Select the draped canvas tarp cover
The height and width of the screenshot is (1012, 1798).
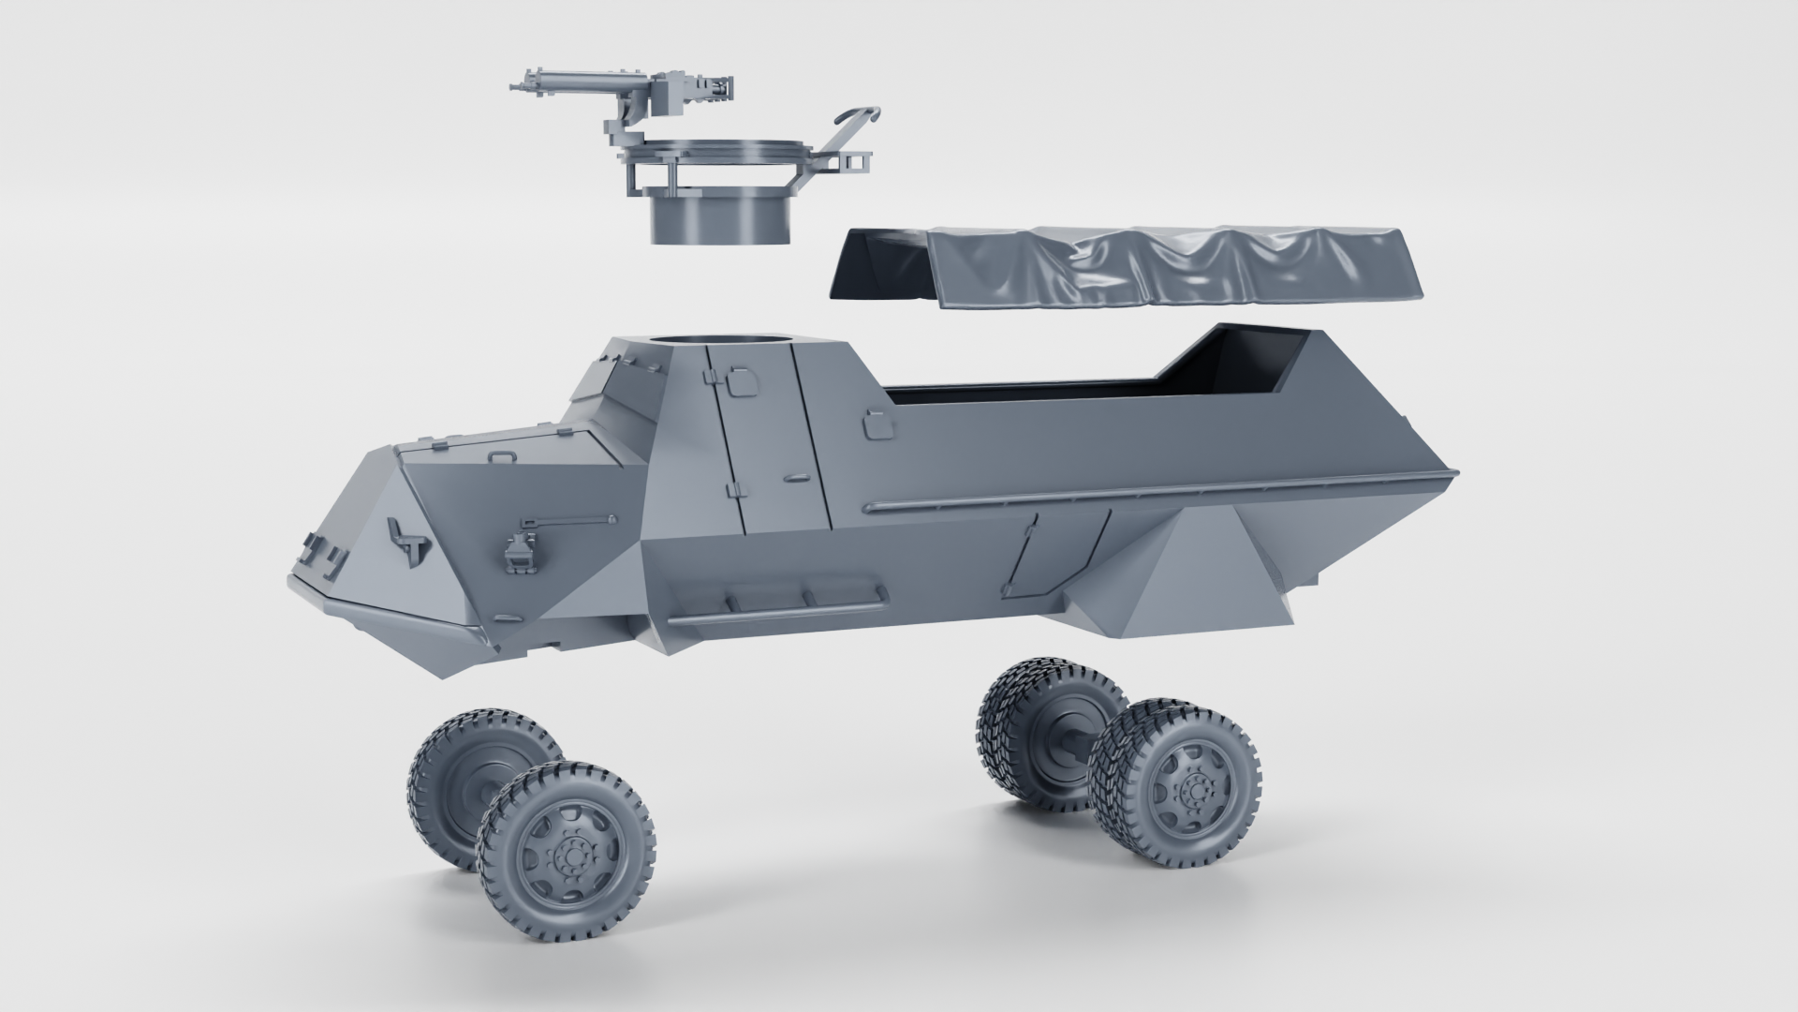tap(1124, 272)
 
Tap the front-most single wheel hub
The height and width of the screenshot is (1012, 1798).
tap(568, 856)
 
